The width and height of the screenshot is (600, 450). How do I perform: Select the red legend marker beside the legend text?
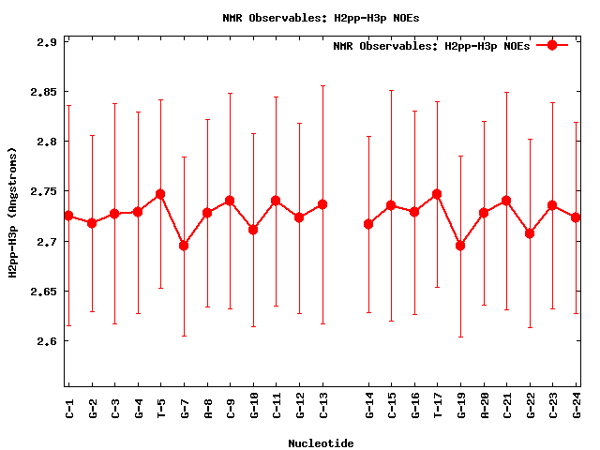[x=552, y=45]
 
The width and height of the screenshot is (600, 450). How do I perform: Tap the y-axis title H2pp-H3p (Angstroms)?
[x=13, y=213]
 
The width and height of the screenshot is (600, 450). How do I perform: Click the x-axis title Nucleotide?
[x=321, y=442]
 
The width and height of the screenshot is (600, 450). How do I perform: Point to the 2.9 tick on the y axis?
[x=47, y=42]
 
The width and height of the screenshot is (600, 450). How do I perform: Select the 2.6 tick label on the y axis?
[x=47, y=341]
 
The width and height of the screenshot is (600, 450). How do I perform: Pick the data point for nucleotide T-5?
[x=160, y=194]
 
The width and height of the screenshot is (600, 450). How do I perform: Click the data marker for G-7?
[x=184, y=246]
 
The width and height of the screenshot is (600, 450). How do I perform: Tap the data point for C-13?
[x=322, y=204]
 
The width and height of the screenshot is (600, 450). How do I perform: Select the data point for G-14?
[x=368, y=224]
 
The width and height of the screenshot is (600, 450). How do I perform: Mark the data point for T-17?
[x=437, y=194]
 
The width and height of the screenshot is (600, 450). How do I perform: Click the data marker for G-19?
[x=460, y=246]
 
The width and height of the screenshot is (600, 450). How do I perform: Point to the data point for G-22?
[x=530, y=233]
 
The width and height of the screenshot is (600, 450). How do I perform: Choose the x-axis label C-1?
[x=69, y=407]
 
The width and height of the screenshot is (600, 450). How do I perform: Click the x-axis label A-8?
[x=207, y=407]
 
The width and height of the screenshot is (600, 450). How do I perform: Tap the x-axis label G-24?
[x=576, y=407]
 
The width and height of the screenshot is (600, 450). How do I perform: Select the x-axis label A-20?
[x=484, y=407]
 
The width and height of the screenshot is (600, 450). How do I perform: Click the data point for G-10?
[x=253, y=230]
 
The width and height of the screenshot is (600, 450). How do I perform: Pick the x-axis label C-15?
[x=392, y=407]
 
